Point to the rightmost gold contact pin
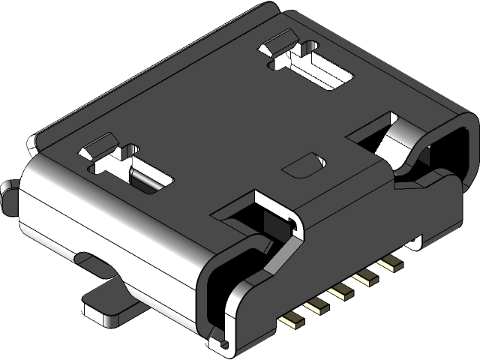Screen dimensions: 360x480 388,264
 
